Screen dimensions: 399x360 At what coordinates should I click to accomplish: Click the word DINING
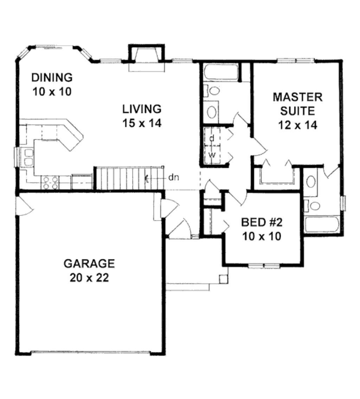[52, 77]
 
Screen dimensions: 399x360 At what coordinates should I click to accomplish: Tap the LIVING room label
[142, 109]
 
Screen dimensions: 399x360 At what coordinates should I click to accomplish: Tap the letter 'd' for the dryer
[211, 138]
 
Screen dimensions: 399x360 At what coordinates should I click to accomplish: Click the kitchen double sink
[27, 157]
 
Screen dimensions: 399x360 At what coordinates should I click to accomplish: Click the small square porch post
[223, 278]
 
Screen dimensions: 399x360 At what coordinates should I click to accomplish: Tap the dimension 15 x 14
[142, 123]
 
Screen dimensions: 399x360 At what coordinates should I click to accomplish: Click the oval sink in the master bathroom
[311, 182]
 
